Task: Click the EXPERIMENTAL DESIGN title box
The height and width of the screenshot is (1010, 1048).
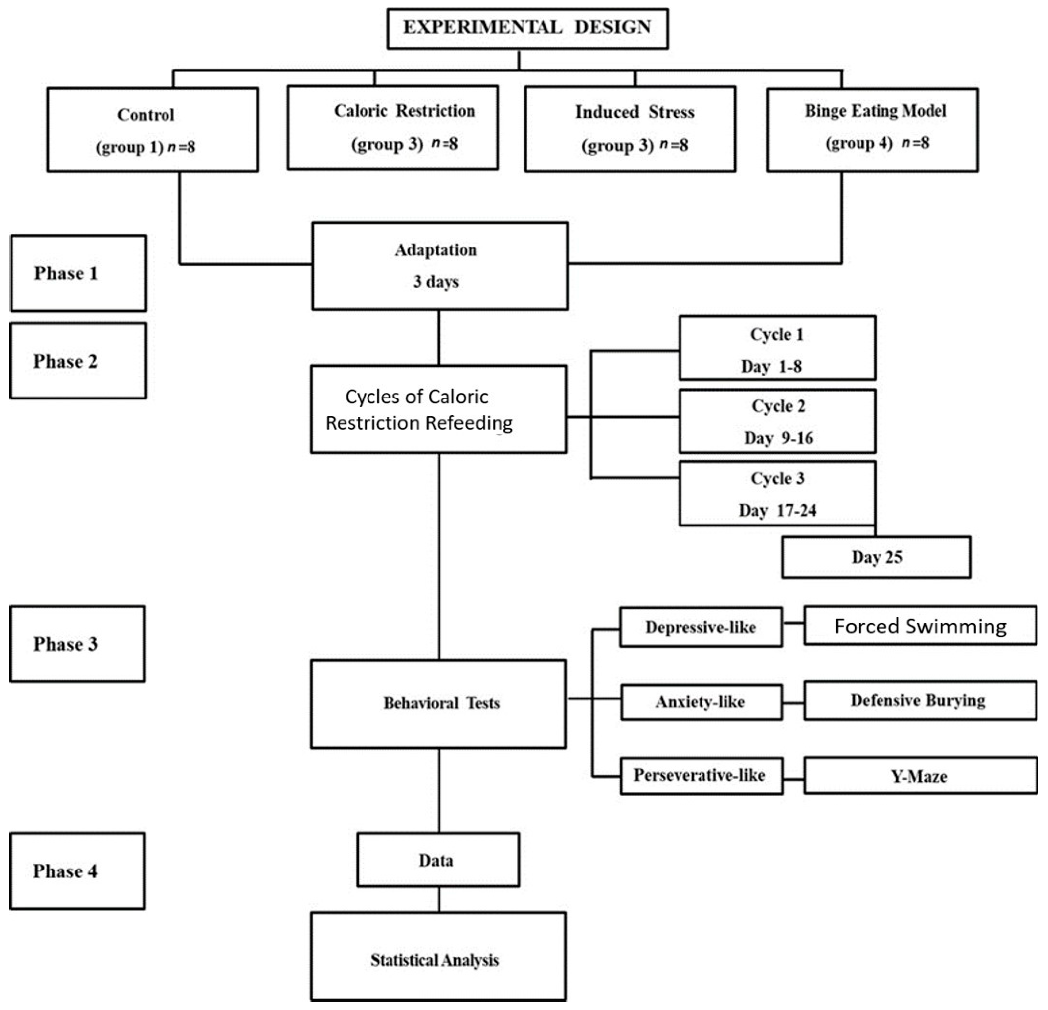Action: [527, 28]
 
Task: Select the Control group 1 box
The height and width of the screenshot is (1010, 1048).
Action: [152, 130]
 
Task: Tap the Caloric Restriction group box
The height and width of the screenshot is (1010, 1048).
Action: [392, 128]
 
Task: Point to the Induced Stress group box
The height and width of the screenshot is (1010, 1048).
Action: [630, 129]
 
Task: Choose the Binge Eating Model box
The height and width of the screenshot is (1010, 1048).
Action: [872, 130]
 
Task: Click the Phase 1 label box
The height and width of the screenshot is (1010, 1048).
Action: [78, 273]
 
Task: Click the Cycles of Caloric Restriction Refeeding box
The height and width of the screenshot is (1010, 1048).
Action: [438, 409]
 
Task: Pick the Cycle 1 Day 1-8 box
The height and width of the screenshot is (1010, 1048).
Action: [777, 348]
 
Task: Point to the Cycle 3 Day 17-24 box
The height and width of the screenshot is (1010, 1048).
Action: [777, 493]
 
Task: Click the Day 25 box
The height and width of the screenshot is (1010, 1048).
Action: [876, 557]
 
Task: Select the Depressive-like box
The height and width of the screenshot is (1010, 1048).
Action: [701, 627]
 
